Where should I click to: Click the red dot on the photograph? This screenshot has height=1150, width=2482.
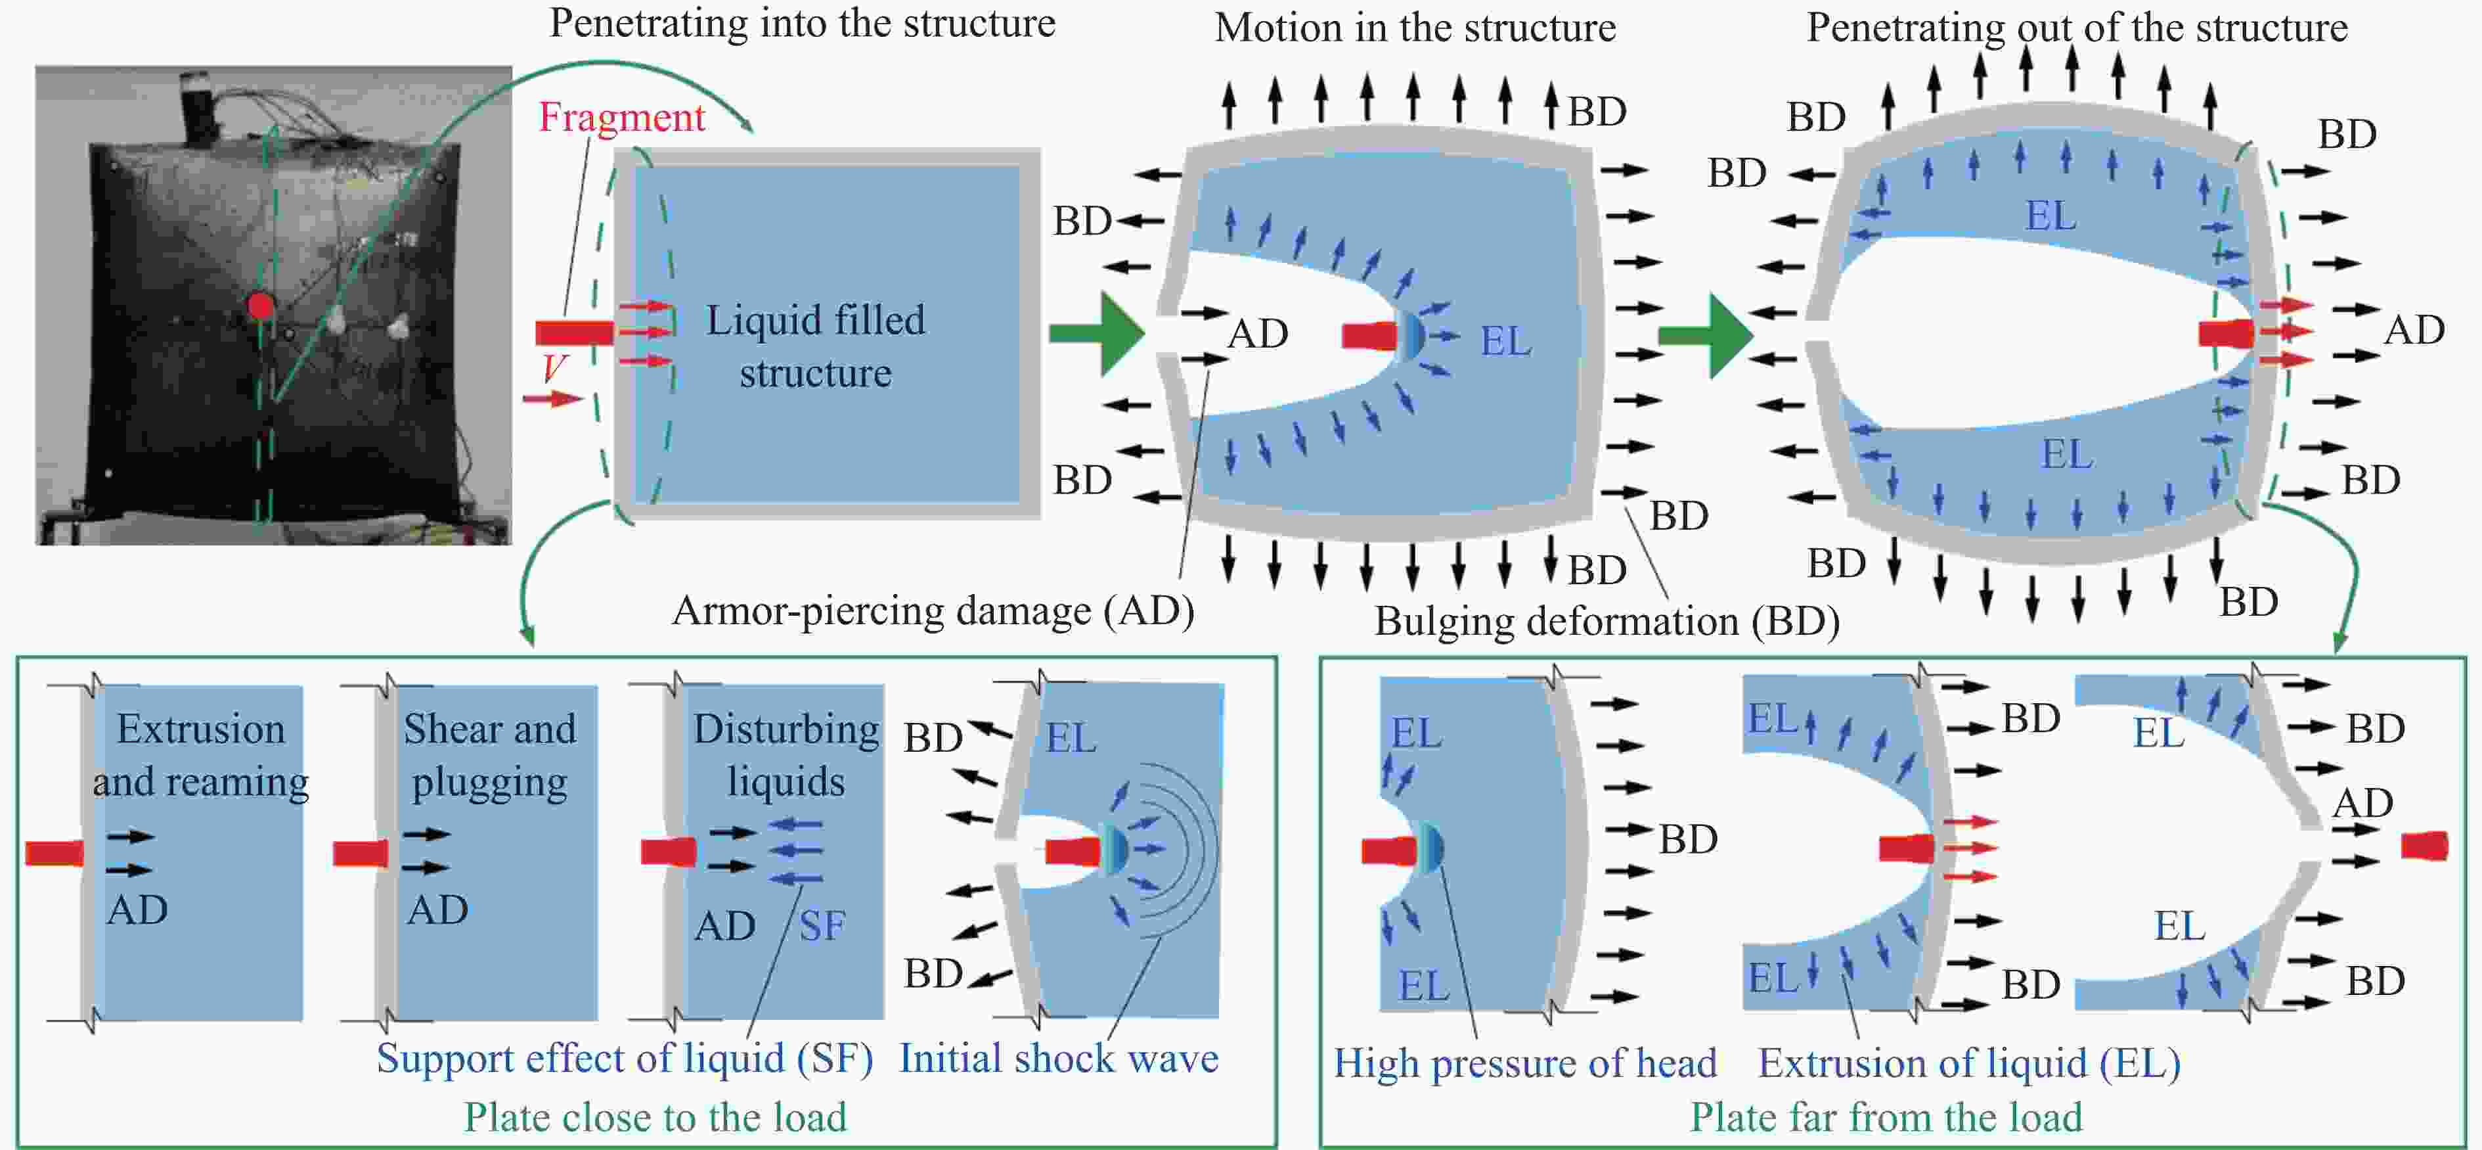[260, 306]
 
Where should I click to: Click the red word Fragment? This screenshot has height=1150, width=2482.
[621, 118]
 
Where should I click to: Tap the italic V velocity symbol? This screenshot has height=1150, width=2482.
[554, 367]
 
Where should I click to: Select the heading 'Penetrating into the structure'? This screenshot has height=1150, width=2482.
[802, 23]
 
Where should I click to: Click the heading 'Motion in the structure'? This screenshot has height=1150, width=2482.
[1415, 27]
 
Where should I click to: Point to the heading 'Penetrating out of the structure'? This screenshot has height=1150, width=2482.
[2076, 27]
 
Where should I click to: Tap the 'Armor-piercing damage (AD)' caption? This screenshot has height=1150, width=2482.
[933, 611]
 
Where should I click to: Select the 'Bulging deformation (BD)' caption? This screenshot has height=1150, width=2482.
[1606, 622]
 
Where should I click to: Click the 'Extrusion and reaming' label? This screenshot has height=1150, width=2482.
[200, 755]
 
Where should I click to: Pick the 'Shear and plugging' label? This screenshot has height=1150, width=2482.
[489, 755]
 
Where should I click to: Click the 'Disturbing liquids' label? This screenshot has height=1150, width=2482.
[786, 755]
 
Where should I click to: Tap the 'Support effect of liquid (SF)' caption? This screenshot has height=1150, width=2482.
[625, 1059]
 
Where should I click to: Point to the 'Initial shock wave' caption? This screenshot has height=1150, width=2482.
[1059, 1059]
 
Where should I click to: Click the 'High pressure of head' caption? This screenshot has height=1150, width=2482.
[1525, 1063]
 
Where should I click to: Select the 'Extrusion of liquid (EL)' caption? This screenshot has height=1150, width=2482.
[1970, 1063]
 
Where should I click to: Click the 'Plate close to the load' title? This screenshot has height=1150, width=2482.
[655, 1117]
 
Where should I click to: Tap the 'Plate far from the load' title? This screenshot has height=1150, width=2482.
[1886, 1117]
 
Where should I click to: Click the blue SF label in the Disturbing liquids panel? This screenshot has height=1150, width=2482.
[822, 927]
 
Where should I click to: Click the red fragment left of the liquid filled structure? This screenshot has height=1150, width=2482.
[574, 333]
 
